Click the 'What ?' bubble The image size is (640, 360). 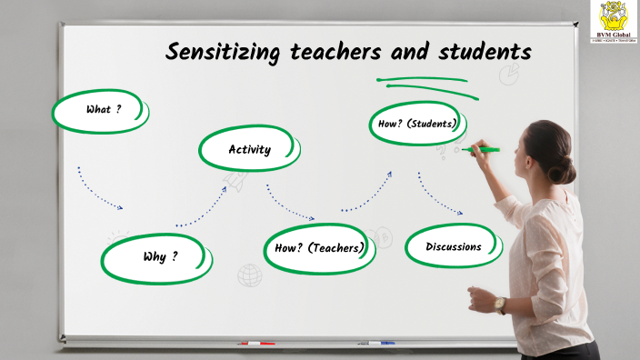[101, 111]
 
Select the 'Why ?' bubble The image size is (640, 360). [157, 257]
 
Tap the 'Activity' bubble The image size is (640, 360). [249, 150]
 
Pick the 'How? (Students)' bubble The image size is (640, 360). [417, 124]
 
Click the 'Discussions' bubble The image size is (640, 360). [454, 246]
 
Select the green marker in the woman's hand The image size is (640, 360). [481, 149]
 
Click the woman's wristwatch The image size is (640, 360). [500, 304]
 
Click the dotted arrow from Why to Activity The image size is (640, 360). [202, 208]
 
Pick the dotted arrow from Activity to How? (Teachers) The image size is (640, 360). [289, 204]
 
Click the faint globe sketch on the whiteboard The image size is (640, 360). [249, 275]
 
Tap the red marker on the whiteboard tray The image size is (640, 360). [256, 344]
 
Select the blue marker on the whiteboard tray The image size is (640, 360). [376, 344]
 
